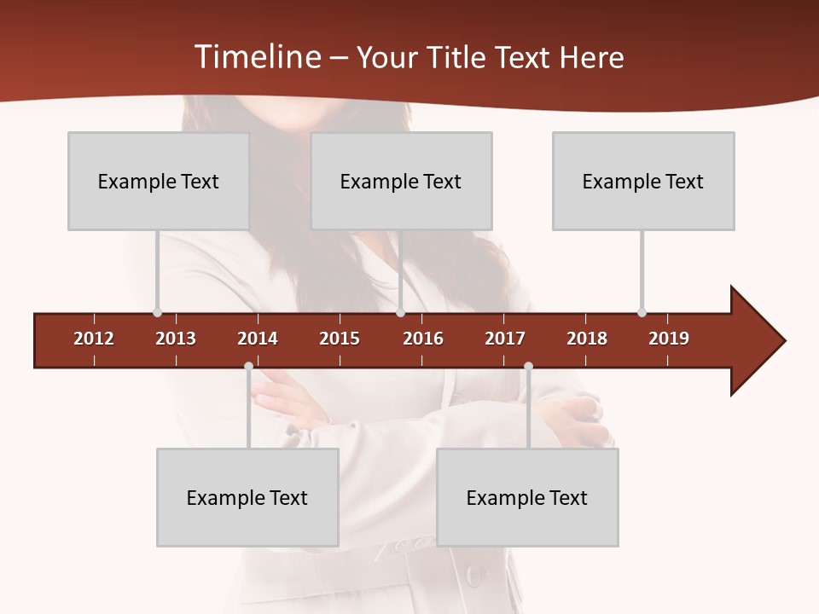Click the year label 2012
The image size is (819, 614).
(x=94, y=339)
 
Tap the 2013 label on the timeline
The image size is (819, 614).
(x=176, y=339)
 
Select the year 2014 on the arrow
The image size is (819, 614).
(x=258, y=339)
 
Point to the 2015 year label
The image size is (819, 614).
(x=340, y=339)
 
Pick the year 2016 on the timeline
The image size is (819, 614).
(x=423, y=339)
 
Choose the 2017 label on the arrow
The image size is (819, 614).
(x=505, y=339)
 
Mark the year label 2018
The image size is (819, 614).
(x=587, y=339)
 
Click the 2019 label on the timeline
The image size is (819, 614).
(x=669, y=339)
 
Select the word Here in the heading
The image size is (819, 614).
(x=591, y=57)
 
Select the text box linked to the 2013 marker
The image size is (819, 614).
(x=159, y=181)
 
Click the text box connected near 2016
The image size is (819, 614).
(x=401, y=181)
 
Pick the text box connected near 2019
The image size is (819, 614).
(x=643, y=181)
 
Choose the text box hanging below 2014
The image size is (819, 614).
(x=247, y=497)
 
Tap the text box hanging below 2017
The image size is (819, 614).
(x=527, y=497)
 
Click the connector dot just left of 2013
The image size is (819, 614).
(x=157, y=312)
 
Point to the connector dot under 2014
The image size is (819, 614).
(x=248, y=367)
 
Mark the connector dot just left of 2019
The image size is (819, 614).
(x=642, y=312)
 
